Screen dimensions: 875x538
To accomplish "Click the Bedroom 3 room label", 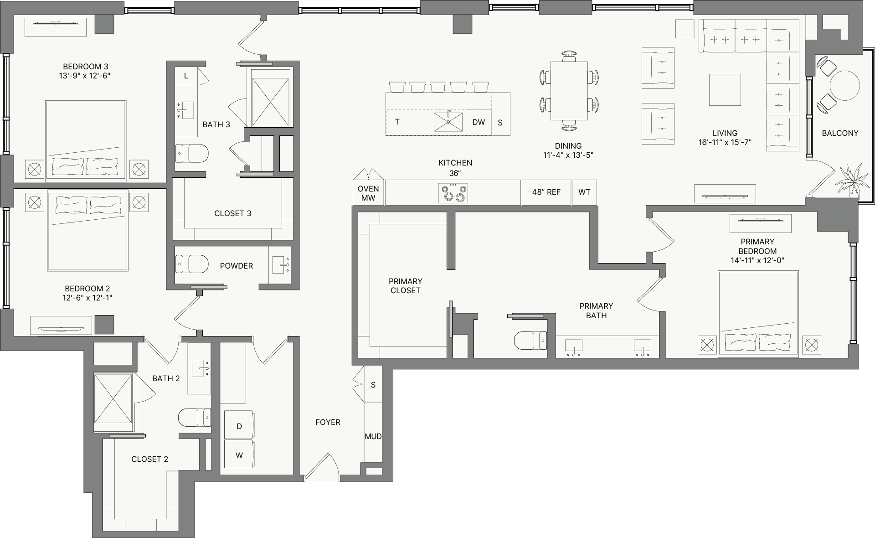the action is (x=86, y=67).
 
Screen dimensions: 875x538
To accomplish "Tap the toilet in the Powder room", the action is (x=192, y=264).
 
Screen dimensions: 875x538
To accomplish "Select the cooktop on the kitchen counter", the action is (x=453, y=193).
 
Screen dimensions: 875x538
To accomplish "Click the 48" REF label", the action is (x=546, y=192).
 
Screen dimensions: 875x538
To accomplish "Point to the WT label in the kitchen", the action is (x=584, y=192).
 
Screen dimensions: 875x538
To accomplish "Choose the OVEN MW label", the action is (x=368, y=193).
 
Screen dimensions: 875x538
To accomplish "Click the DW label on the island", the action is (x=479, y=122).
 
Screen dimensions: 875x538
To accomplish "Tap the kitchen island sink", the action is (x=448, y=122).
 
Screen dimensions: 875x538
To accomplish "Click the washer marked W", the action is (x=239, y=454).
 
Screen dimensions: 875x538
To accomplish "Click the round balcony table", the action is (x=844, y=85).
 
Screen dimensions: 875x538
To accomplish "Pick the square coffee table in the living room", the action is (x=725, y=90).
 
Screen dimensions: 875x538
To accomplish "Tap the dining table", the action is (x=569, y=91).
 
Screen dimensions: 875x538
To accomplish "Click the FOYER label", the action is (x=328, y=422).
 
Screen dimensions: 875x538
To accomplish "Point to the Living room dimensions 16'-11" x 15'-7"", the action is (x=725, y=142).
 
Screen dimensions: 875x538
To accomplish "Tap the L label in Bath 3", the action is (x=186, y=76).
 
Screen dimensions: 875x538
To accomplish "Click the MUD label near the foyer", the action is (x=373, y=436).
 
